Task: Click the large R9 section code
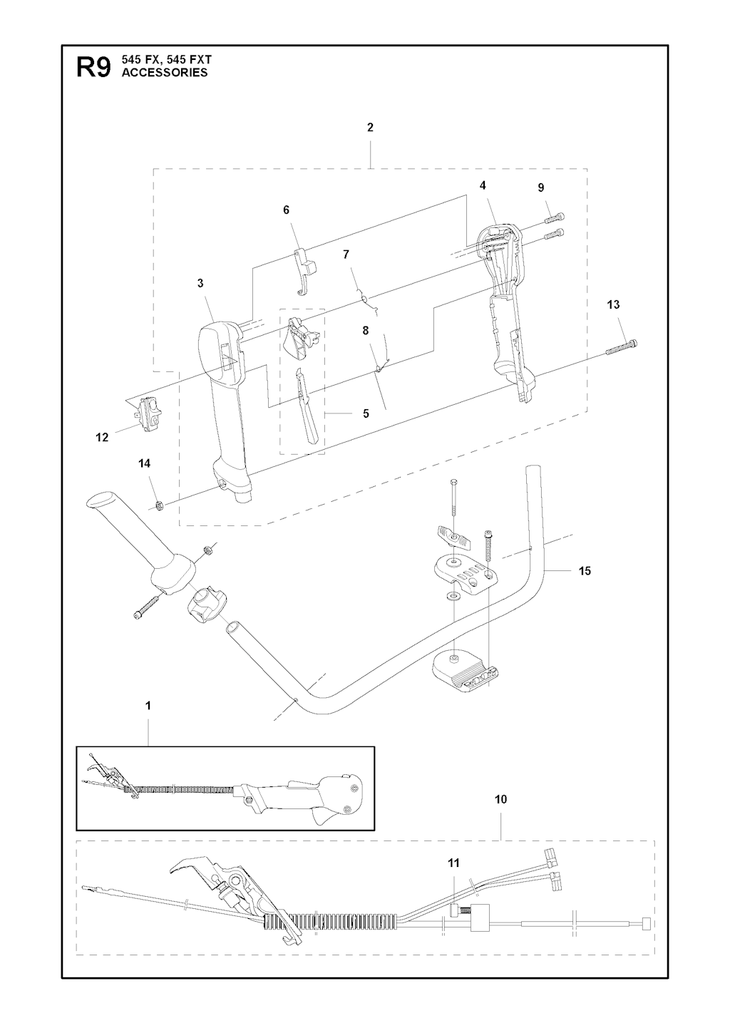click(x=93, y=68)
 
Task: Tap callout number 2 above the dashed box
click(x=370, y=128)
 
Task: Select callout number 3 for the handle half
click(x=201, y=283)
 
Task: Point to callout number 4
click(x=483, y=185)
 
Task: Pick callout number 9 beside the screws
click(x=541, y=187)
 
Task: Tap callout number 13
click(x=613, y=304)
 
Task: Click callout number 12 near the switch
click(x=102, y=438)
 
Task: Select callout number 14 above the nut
click(x=144, y=463)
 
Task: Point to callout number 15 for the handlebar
click(x=585, y=571)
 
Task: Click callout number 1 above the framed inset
click(x=148, y=706)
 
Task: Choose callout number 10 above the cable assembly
click(x=500, y=799)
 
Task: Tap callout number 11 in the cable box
click(x=453, y=863)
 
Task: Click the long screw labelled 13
click(x=621, y=348)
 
